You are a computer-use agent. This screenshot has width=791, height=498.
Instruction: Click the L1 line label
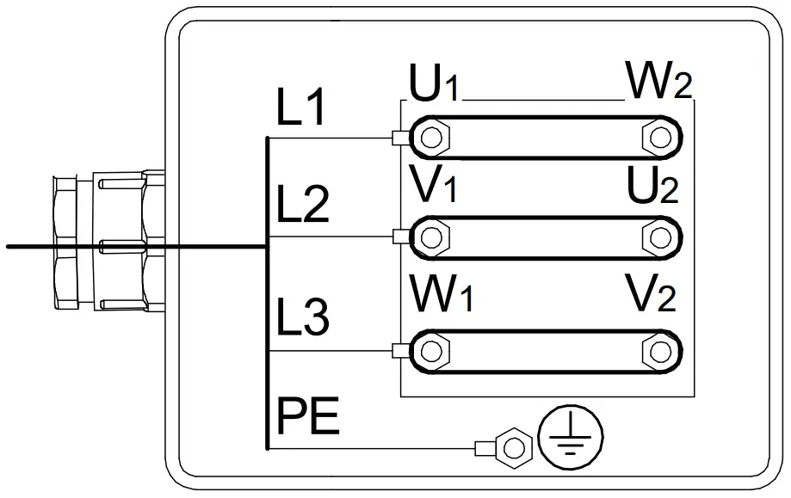pos(300,109)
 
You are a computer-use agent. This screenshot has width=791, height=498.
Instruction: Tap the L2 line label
pos(302,206)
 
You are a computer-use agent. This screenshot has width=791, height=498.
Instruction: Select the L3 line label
pos(302,317)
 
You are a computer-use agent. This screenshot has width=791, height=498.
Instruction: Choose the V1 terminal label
pos(436,184)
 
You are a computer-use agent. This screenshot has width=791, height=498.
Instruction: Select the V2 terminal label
pos(651,298)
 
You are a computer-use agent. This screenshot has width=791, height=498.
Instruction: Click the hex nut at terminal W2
pos(659,137)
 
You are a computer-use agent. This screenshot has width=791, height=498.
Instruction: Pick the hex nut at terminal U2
pos(659,236)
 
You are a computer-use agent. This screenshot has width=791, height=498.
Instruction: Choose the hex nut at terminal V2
pos(659,350)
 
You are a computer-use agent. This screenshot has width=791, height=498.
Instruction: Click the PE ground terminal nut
pos(514,447)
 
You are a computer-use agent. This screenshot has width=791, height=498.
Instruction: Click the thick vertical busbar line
pos(268,292)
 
